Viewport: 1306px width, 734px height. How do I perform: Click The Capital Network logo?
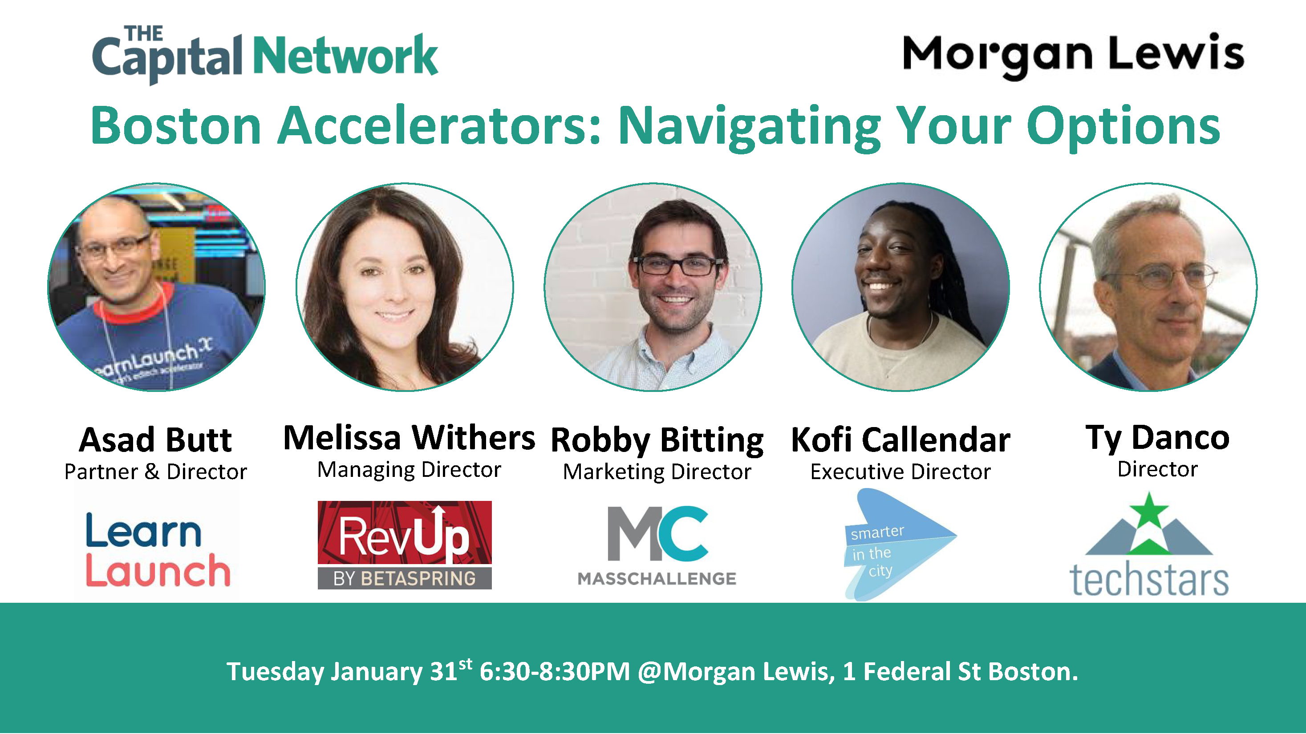pyautogui.click(x=265, y=55)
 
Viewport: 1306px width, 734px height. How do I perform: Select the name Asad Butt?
pyautogui.click(x=156, y=440)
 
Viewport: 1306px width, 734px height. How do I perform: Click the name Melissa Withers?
pyautogui.click(x=409, y=438)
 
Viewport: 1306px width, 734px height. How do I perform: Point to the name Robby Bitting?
pyautogui.click(x=657, y=441)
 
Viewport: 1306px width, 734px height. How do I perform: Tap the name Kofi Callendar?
pyautogui.click(x=900, y=440)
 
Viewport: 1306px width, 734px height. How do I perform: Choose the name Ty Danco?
pyautogui.click(x=1157, y=438)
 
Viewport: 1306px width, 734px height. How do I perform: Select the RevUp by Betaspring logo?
pyautogui.click(x=405, y=545)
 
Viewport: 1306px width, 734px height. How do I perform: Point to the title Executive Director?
pyautogui.click(x=900, y=472)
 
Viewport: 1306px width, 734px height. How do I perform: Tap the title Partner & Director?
pyautogui.click(x=156, y=472)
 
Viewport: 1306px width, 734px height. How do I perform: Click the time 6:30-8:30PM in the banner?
pyautogui.click(x=555, y=672)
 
